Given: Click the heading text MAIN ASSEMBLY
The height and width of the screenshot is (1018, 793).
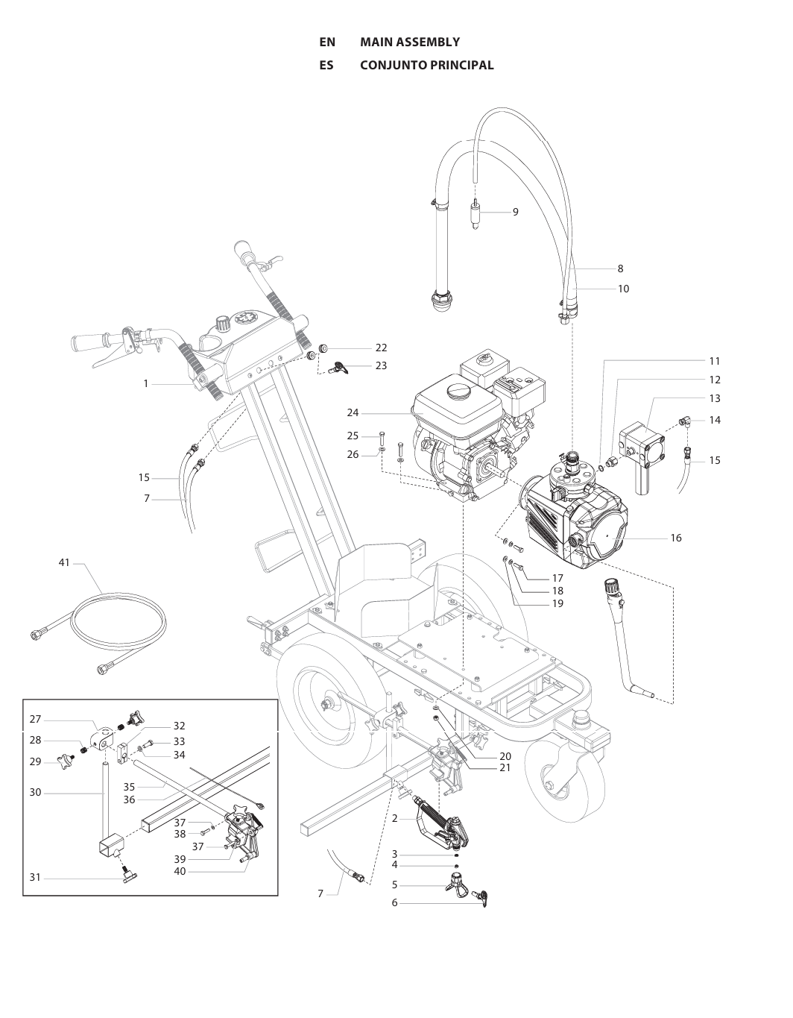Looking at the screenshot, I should click(x=409, y=43).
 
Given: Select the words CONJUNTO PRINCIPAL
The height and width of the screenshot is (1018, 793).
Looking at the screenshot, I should click(x=426, y=66).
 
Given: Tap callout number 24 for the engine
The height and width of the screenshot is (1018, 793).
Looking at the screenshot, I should click(x=353, y=412).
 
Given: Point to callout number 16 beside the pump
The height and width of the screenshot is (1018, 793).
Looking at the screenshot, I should click(x=675, y=538).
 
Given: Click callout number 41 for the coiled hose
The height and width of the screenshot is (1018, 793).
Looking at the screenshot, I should click(x=64, y=562).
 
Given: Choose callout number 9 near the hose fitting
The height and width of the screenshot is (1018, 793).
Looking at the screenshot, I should click(x=515, y=212).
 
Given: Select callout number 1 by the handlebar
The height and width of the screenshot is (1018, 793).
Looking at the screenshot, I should click(x=146, y=384).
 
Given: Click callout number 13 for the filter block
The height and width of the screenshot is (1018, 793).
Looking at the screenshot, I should click(x=714, y=399).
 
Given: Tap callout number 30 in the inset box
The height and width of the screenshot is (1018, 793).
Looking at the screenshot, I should click(x=35, y=792).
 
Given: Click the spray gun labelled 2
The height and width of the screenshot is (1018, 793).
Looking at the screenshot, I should click(x=440, y=827).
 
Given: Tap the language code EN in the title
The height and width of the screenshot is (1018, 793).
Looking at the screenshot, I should click(x=327, y=43).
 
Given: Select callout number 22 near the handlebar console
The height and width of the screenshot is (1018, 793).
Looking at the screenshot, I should click(x=381, y=348).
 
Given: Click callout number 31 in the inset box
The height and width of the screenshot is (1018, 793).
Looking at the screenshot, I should click(x=35, y=878).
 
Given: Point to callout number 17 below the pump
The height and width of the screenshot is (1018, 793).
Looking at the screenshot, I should click(x=557, y=578).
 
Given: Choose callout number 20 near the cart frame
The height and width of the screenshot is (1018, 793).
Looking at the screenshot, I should click(x=505, y=756).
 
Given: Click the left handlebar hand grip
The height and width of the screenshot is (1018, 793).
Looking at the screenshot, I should click(x=89, y=344).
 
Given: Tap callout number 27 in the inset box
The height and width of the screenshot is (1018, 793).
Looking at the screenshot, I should click(x=35, y=720).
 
